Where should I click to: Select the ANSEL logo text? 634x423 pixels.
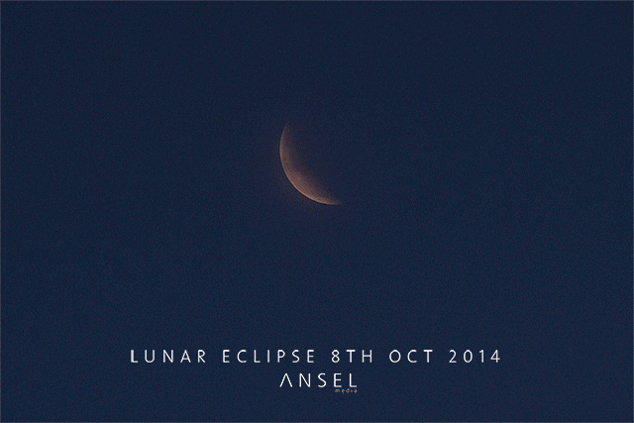[317, 380]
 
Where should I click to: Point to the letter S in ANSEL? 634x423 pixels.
[318, 380]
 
